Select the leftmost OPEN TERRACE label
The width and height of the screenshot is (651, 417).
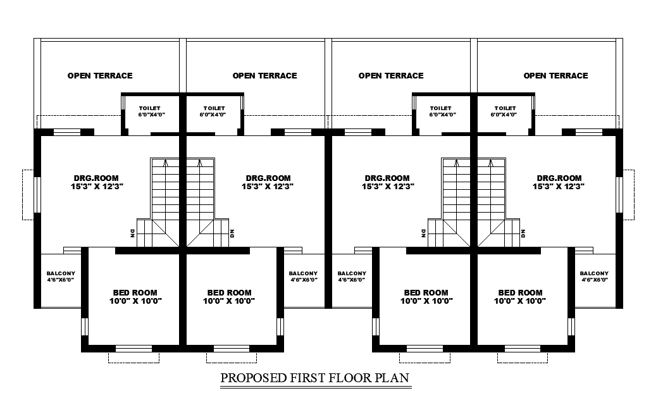pos(100,75)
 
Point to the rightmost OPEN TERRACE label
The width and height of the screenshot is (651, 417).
pos(555,75)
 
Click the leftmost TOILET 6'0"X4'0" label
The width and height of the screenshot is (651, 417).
pos(150,111)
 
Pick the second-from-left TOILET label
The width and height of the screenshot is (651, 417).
pos(214,111)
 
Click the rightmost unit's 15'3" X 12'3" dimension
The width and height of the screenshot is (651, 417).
pos(559,187)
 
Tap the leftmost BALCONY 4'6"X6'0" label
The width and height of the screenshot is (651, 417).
pos(61,277)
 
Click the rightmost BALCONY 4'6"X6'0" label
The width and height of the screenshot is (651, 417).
pos(594,277)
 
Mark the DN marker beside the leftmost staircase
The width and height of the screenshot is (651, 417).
pos(132,233)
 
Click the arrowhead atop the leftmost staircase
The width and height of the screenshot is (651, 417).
pos(165,162)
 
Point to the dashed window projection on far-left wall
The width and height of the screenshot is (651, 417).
pos(28,194)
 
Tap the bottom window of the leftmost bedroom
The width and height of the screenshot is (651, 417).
pos(134,349)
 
